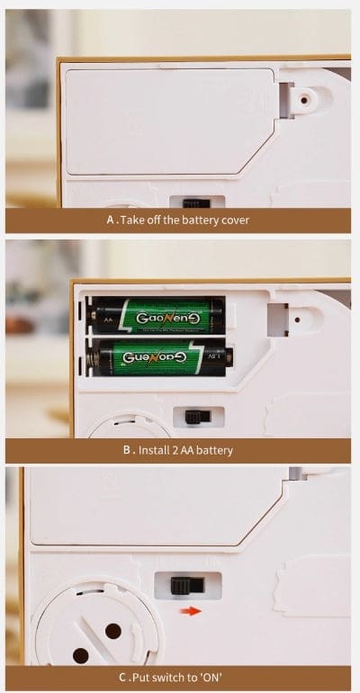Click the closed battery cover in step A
pos(166,121)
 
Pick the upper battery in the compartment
pos(157,316)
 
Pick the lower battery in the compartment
pos(160,356)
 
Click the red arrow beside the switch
pos(190,611)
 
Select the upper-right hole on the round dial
pos(113,631)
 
